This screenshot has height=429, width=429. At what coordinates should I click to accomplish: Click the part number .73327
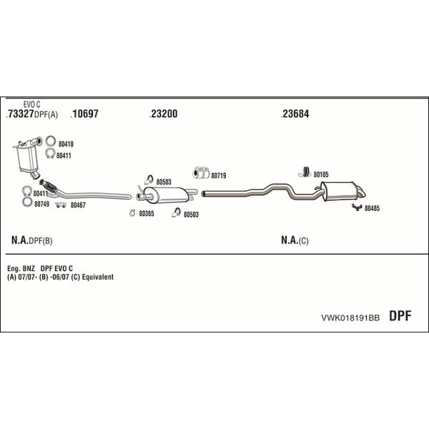(20, 114)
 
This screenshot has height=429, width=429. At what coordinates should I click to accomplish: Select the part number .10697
(84, 114)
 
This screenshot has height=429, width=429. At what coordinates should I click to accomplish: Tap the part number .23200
(164, 114)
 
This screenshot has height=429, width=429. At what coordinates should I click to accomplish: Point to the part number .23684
(295, 114)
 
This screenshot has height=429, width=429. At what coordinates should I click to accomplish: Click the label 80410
(66, 144)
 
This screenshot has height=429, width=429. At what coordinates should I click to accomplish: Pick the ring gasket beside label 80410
(51, 141)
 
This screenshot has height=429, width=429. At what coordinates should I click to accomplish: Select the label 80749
(42, 204)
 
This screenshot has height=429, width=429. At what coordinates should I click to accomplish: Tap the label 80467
(78, 205)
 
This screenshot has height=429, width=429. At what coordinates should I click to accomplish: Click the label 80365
(147, 213)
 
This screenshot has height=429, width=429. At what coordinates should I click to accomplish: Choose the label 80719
(219, 175)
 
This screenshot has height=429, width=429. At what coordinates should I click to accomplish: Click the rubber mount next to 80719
(201, 172)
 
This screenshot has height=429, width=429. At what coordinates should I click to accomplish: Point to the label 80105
(321, 174)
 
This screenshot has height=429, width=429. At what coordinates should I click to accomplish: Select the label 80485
(372, 208)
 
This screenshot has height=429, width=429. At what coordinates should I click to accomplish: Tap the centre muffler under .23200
(166, 195)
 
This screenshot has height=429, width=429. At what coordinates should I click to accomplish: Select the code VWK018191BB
(350, 317)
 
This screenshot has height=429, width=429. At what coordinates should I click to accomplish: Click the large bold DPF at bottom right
(400, 316)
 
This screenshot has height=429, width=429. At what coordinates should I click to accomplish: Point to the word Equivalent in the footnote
(98, 277)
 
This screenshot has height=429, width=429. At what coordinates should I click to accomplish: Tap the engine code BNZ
(29, 268)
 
